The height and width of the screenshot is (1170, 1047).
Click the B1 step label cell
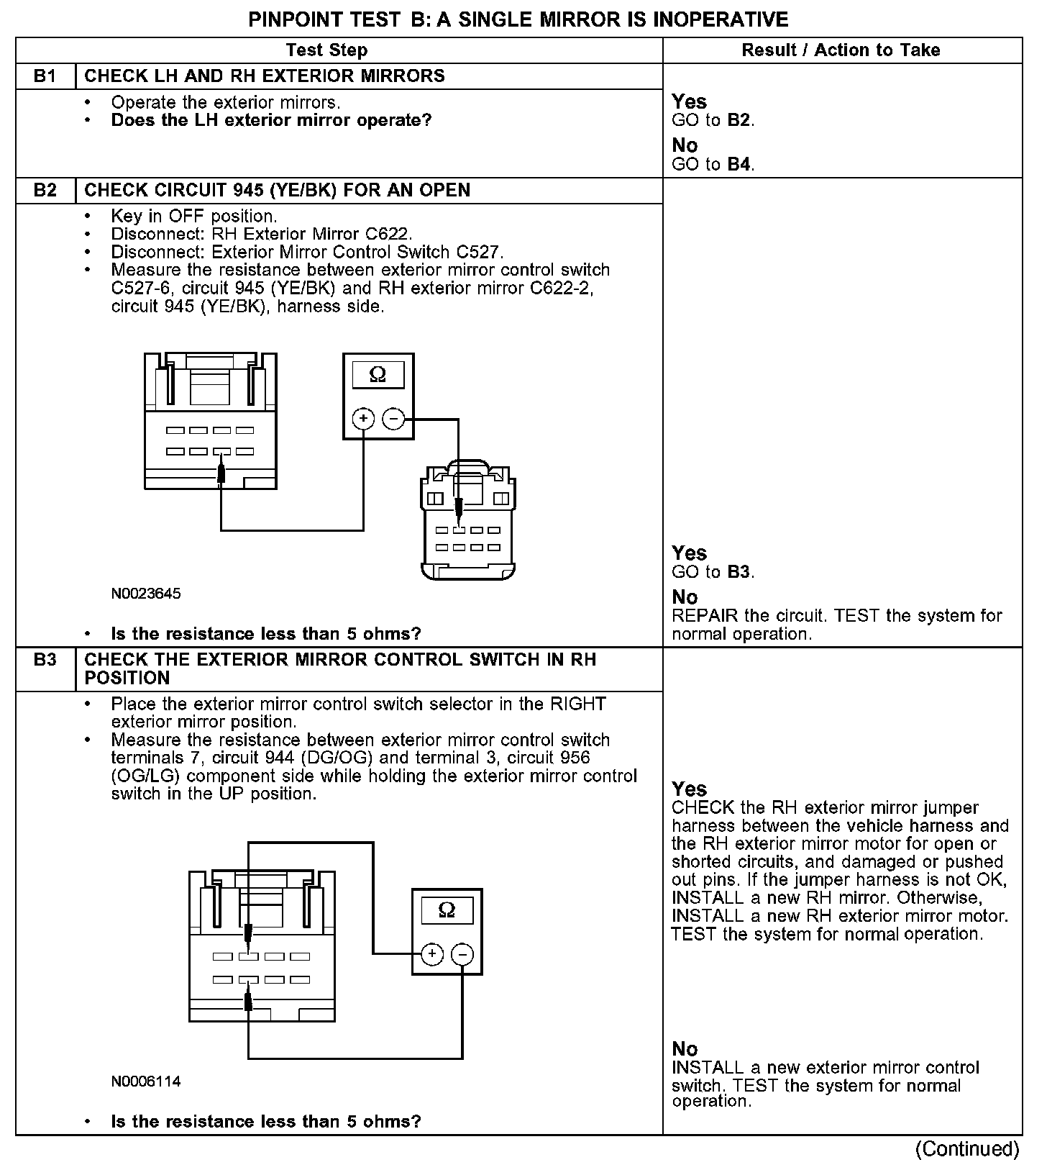(45, 76)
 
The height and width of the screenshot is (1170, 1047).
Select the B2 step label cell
(45, 191)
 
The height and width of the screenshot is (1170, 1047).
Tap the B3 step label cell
(45, 660)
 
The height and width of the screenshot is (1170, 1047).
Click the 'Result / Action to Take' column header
(841, 50)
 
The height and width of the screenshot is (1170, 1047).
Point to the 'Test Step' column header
(326, 50)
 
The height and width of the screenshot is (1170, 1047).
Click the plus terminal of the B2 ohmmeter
(364, 418)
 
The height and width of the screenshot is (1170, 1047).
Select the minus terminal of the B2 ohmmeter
(393, 418)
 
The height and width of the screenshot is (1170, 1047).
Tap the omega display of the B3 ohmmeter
(447, 911)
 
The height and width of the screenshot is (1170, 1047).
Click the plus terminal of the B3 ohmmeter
(432, 954)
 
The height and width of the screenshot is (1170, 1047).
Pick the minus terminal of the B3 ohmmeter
(462, 954)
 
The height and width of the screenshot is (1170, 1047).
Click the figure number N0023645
(146, 594)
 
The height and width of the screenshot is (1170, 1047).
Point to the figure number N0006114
(146, 1081)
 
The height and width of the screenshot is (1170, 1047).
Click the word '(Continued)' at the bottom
(967, 1149)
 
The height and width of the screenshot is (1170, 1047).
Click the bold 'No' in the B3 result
(685, 1048)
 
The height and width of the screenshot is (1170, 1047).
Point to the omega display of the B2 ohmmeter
(378, 375)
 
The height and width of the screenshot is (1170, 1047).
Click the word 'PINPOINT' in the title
(292, 19)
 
